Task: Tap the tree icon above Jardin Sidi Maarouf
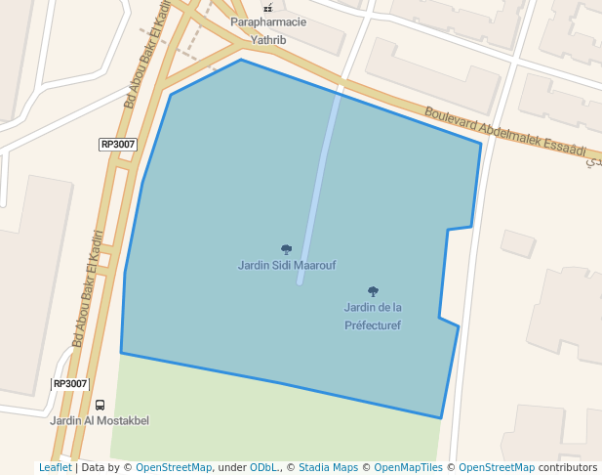pos(286,249)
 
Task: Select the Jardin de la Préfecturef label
pos(373,316)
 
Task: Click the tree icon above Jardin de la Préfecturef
pos(373,291)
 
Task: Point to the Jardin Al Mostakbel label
pos(100,420)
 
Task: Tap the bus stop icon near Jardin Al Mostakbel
pos(100,405)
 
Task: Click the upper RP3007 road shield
pos(118,145)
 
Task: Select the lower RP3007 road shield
pos(70,384)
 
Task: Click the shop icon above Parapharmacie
pos(267,8)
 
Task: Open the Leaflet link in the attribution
pos(55,468)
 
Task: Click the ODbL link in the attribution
pos(263,468)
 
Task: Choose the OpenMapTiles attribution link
pos(409,468)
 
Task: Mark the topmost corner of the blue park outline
pos(241,60)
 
